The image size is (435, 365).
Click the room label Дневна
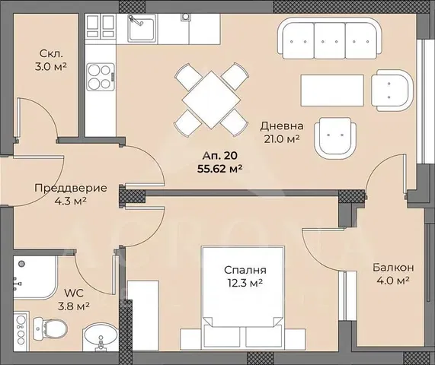(x=282, y=125)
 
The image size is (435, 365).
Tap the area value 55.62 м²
(x=215, y=170)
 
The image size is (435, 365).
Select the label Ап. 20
(x=215, y=157)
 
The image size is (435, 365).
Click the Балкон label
(x=392, y=267)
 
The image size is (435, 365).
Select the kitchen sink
(x=142, y=30)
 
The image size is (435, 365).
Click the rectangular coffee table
(x=331, y=90)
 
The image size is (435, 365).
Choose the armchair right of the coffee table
(x=394, y=90)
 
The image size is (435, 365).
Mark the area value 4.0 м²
(x=392, y=281)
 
